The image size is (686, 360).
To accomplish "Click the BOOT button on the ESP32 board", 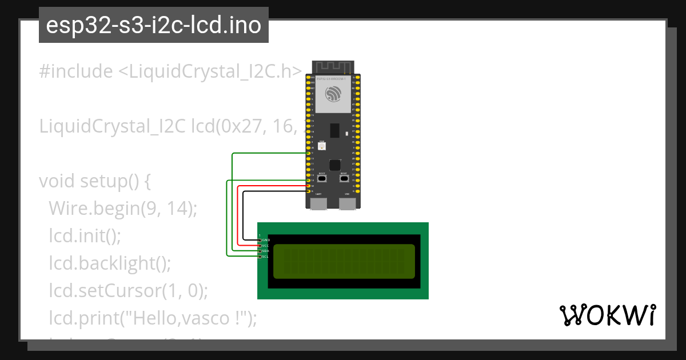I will point(322,179).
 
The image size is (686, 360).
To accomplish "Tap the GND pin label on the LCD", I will point(266,240).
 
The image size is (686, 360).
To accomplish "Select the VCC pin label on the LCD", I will point(265,246).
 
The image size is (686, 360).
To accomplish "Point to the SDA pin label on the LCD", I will point(265,251).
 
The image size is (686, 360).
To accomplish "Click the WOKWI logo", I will point(608,315).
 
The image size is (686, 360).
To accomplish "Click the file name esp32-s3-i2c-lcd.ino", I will point(154,25).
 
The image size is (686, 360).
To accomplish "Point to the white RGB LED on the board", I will point(322,147).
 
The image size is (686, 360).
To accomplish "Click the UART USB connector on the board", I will point(318,204).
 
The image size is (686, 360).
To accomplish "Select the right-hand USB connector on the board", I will point(347,204).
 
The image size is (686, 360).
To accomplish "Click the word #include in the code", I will point(76,71).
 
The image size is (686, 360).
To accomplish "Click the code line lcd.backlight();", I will point(110,263).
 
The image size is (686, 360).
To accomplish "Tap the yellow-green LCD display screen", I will point(344,261).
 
